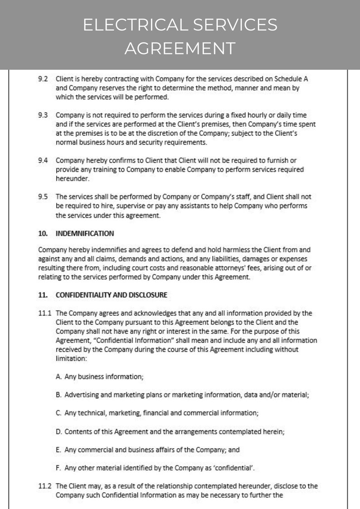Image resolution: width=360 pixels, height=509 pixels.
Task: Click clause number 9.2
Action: tap(43, 79)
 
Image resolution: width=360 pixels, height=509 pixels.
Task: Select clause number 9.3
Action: tap(43, 115)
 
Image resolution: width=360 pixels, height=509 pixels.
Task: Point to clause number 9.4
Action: tap(43, 160)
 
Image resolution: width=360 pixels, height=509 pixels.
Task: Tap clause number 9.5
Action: tap(43, 197)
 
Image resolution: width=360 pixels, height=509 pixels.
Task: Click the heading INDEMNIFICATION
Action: tap(84, 233)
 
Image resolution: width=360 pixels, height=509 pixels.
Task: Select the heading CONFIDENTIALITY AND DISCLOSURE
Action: tap(111, 295)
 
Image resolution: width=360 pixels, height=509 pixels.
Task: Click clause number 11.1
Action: tap(44, 313)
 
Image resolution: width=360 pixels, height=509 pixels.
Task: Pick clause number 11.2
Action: tap(44, 486)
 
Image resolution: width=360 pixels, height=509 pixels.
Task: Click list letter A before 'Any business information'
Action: tap(58, 377)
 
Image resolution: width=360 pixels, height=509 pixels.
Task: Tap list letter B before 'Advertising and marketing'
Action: tap(58, 395)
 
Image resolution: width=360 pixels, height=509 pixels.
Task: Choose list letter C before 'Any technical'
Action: tap(58, 413)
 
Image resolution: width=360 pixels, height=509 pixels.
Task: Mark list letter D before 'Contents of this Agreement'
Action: tap(58, 432)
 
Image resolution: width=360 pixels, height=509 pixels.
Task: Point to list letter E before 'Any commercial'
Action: tap(58, 450)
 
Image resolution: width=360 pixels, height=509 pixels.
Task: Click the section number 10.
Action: tap(43, 233)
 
